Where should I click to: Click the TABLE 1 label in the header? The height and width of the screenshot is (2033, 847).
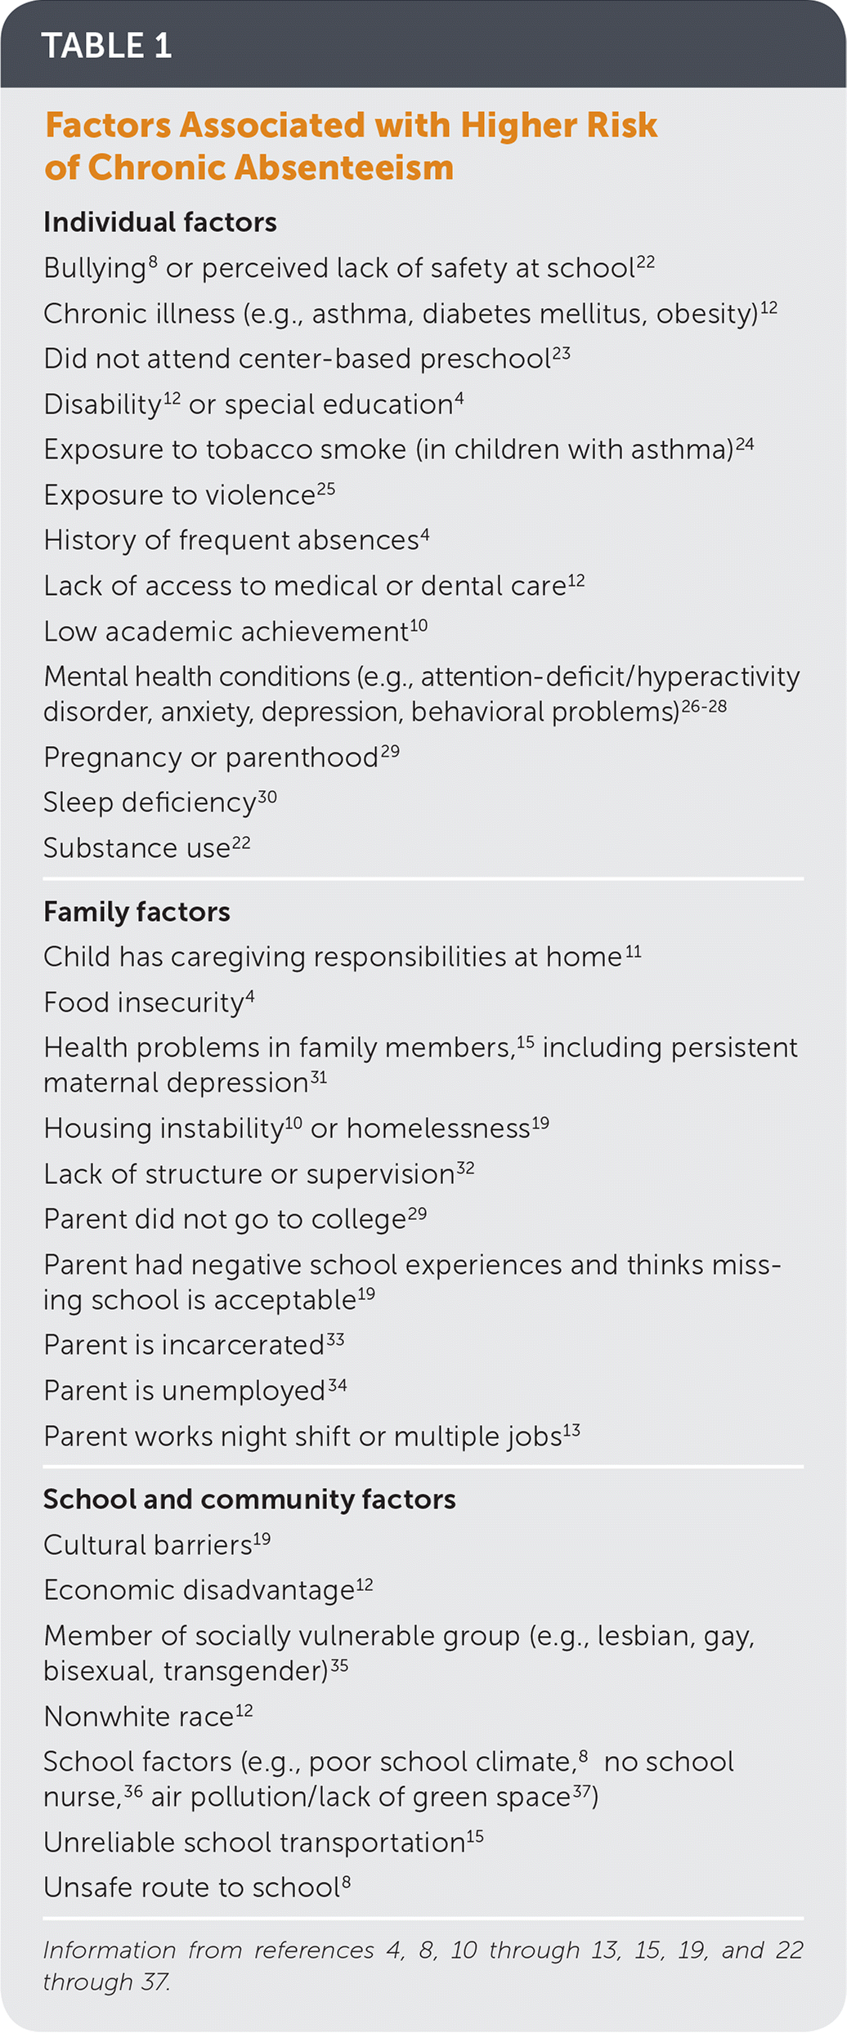point(106,46)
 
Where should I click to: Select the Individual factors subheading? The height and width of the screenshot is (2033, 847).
point(160,222)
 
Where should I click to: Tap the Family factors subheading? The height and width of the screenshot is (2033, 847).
point(137,912)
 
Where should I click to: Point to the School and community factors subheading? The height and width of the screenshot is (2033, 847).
point(249,1499)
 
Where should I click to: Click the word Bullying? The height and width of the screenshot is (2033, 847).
point(94,269)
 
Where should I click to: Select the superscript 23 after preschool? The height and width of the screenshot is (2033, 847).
point(561,353)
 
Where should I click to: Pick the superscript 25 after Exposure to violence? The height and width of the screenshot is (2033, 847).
point(325,489)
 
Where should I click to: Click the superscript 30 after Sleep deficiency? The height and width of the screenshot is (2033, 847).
point(267,797)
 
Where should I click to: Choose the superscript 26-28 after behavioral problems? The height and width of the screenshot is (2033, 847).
point(704,706)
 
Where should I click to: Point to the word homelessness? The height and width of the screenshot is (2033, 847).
point(438,1129)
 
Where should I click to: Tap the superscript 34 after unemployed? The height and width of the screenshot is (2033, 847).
point(338,1386)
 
